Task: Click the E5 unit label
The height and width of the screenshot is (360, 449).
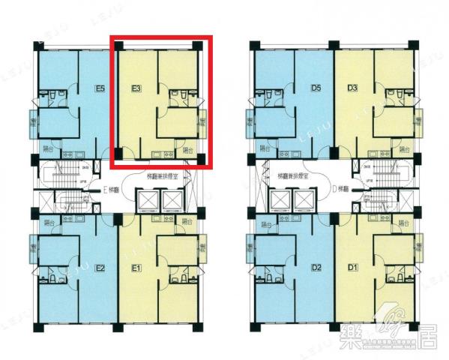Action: point(99,88)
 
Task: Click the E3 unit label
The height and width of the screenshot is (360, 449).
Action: point(136,88)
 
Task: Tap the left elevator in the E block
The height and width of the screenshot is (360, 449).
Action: point(148,201)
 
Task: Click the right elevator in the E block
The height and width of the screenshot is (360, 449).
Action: point(172,201)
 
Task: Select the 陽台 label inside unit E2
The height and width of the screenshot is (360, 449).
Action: point(50,223)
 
